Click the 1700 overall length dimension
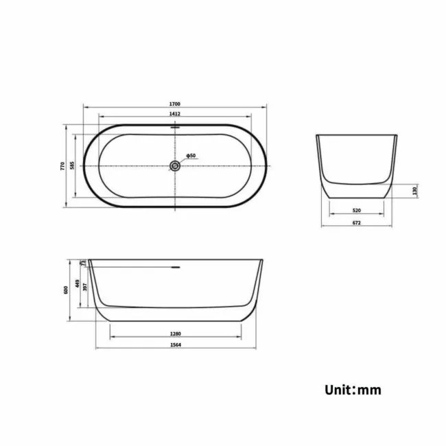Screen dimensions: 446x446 coord(175,104)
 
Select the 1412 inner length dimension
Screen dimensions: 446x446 coord(175,114)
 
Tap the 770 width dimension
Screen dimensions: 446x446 coord(62,165)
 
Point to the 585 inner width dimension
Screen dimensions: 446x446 coord(72,165)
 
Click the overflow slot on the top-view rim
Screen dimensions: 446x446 coord(175,127)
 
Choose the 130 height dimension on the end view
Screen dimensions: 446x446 coord(415,190)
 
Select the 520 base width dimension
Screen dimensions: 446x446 coord(357,210)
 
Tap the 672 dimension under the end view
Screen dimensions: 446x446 coord(357,223)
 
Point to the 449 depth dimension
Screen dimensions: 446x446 coord(77,283)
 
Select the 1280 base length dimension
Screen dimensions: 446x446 coord(176,333)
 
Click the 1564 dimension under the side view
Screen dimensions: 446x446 coord(176,345)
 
